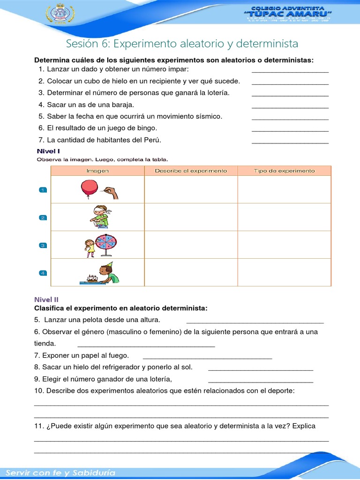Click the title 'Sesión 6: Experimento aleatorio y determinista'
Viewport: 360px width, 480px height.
point(182,44)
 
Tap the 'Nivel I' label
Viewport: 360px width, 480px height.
point(48,151)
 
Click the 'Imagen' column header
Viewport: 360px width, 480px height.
point(97,171)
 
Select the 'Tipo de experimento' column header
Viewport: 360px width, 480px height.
point(284,171)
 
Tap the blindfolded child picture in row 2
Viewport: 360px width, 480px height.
point(100,217)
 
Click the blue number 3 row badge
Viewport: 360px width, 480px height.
point(42,245)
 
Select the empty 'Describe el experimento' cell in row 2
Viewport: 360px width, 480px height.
point(191,217)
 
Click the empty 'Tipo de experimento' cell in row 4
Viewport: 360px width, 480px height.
point(284,272)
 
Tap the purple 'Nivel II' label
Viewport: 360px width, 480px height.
point(46,299)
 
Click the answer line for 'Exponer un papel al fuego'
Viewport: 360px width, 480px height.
point(207,357)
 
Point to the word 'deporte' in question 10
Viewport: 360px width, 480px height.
point(280,391)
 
